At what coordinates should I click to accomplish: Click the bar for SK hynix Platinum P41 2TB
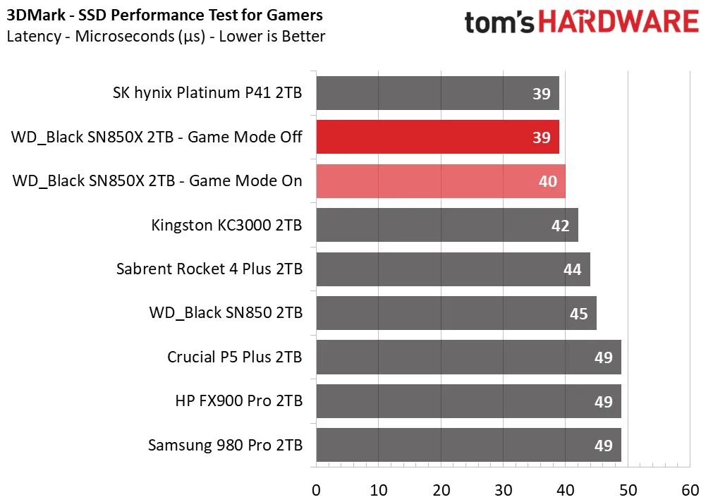click(437, 93)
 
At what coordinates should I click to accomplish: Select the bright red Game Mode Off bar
click(437, 137)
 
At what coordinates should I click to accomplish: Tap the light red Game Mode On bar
click(441, 181)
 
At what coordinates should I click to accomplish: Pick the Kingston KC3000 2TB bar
click(447, 225)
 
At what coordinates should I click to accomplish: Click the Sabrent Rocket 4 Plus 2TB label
click(209, 269)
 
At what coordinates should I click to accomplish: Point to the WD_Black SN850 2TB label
click(226, 313)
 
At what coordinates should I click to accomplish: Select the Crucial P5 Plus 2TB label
click(235, 357)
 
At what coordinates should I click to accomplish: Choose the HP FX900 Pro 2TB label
click(239, 401)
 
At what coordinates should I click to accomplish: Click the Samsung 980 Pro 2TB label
click(225, 445)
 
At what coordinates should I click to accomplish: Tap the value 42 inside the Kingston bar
click(560, 226)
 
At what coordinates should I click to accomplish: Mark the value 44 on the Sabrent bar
click(572, 269)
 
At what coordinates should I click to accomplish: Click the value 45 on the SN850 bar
click(578, 314)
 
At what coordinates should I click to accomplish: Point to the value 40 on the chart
click(547, 181)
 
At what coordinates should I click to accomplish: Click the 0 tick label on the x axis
click(316, 490)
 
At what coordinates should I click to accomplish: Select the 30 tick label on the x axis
click(504, 490)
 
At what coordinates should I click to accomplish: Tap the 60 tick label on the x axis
click(690, 490)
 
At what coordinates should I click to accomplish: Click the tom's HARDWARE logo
click(582, 22)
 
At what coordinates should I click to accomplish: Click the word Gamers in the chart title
click(294, 15)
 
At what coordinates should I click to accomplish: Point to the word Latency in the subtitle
click(34, 37)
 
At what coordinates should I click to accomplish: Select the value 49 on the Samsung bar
click(603, 446)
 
